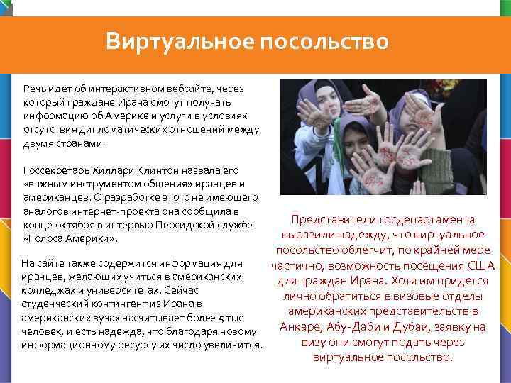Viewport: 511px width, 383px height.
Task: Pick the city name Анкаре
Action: pos(302,327)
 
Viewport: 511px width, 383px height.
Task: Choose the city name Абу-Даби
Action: pos(364,327)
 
